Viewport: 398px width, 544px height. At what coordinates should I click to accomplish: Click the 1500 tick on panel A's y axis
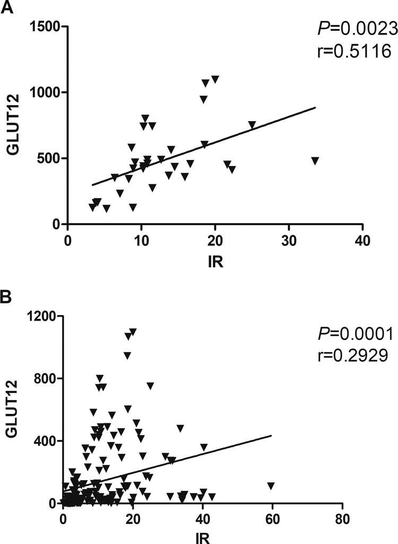tap(45, 27)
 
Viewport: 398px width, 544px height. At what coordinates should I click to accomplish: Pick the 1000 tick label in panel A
tap(45, 92)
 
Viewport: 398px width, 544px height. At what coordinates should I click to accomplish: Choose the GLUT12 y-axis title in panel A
tap(11, 125)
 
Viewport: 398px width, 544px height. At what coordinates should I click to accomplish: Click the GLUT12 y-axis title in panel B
tap(11, 409)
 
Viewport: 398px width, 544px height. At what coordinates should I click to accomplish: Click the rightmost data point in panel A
tap(315, 160)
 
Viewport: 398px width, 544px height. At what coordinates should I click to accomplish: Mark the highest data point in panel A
tap(215, 79)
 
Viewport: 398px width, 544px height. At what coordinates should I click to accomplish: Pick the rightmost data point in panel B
tap(271, 486)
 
